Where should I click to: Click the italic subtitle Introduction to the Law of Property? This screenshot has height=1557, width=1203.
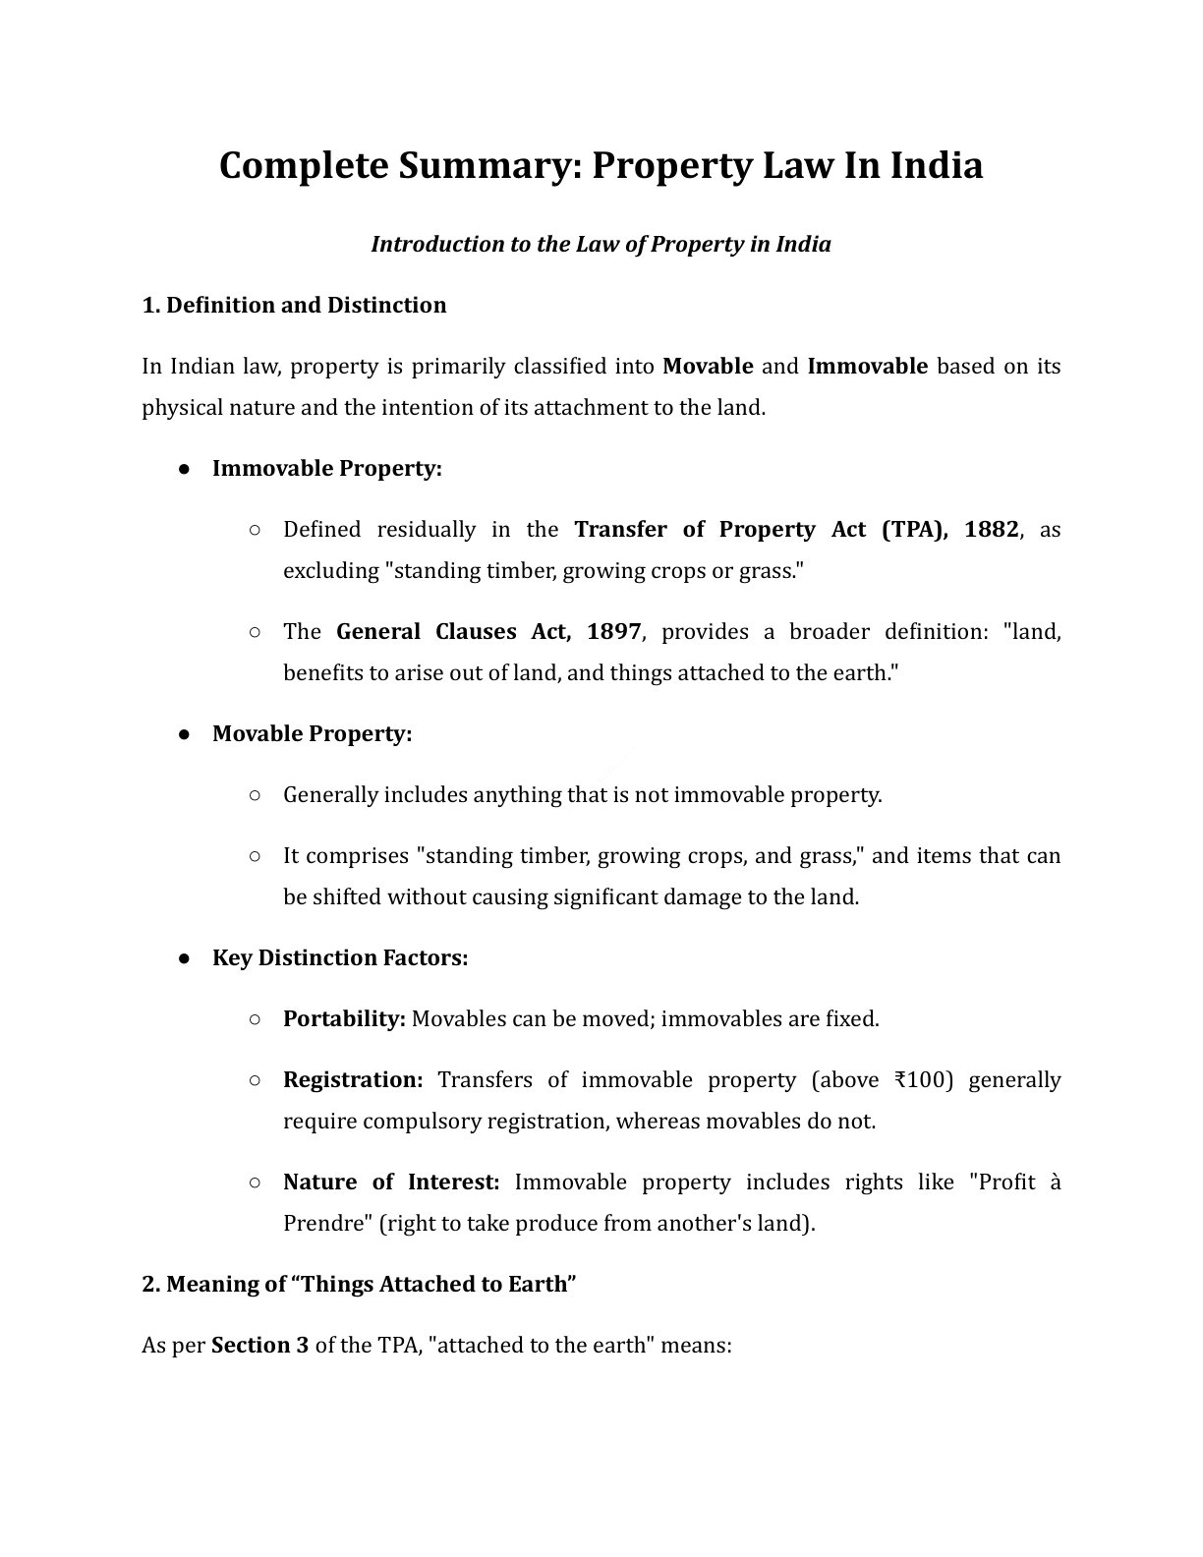click(x=601, y=245)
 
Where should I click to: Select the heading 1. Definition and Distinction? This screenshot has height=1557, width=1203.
click(x=294, y=306)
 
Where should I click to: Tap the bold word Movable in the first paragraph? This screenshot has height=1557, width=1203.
click(x=708, y=367)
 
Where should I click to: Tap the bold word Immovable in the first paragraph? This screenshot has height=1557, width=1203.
click(x=867, y=367)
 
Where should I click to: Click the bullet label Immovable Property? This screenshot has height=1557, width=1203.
click(x=327, y=469)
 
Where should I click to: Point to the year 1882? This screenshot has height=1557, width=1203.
click(x=991, y=530)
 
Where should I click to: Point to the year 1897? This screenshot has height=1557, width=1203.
click(x=613, y=632)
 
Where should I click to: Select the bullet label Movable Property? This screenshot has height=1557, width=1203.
click(x=312, y=734)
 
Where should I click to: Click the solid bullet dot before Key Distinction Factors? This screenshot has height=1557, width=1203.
click(x=184, y=958)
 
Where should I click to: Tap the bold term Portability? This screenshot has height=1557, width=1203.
click(x=344, y=1019)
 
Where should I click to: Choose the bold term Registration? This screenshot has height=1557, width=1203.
click(x=353, y=1080)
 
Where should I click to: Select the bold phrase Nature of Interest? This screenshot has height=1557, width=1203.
click(x=391, y=1182)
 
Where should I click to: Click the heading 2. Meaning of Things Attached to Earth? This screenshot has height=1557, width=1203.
click(x=358, y=1285)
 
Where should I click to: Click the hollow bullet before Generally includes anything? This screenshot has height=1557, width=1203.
click(x=255, y=795)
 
